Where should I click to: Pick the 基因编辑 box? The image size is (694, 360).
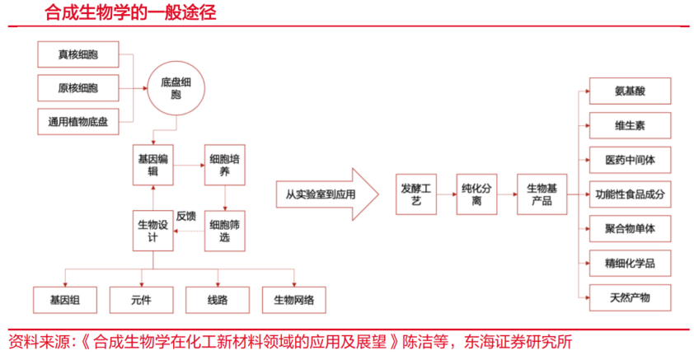point(154,165)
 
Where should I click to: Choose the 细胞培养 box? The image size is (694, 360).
point(225,165)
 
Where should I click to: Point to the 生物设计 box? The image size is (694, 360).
point(154,231)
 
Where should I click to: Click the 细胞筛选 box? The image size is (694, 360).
point(225,231)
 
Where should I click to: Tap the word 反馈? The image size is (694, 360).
point(186,217)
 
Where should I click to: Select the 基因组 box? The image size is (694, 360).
point(65,298)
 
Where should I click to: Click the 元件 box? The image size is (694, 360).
point(141,298)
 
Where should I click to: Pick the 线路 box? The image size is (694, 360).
point(218,298)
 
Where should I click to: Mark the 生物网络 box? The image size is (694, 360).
point(293,298)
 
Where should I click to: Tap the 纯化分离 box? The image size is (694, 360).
point(477,194)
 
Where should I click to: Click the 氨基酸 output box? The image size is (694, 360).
point(630,91)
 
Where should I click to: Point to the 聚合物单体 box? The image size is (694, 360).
point(630,227)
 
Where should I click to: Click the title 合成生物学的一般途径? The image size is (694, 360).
point(133,12)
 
